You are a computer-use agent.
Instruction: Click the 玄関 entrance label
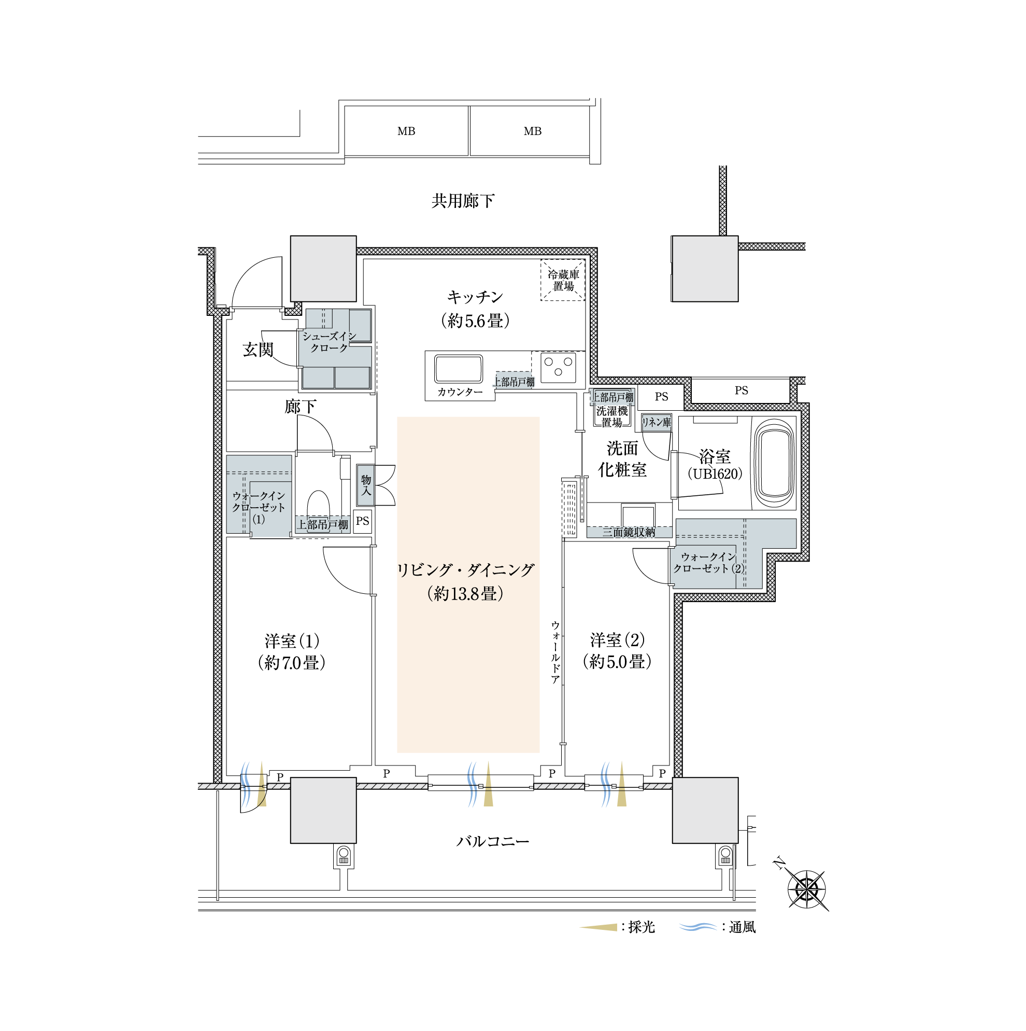[x=258, y=350]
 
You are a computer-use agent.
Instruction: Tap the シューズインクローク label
[x=329, y=342]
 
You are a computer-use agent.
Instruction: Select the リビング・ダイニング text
[x=465, y=570]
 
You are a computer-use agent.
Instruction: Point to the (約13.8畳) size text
[x=465, y=594]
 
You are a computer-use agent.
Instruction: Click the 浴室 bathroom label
[x=715, y=456]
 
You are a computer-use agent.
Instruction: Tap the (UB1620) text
[x=715, y=473]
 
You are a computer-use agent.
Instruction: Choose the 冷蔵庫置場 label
[x=563, y=281]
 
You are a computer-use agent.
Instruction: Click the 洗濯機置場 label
[x=611, y=417]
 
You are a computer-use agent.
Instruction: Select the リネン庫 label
[x=657, y=423]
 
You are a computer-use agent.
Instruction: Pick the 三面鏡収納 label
[x=629, y=532]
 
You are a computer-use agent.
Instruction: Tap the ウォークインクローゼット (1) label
[x=259, y=507]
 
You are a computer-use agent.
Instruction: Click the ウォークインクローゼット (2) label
[x=708, y=563]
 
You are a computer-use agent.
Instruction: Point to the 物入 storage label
[x=366, y=485]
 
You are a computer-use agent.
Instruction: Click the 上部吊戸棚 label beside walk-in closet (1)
[x=323, y=524]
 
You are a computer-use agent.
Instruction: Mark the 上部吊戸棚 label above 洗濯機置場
[x=612, y=397]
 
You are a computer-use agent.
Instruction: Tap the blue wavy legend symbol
[x=698, y=927]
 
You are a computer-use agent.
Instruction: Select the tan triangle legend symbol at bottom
[x=600, y=927]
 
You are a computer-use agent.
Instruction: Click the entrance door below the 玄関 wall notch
[x=256, y=313]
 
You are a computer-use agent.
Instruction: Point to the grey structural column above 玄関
[x=323, y=269]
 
